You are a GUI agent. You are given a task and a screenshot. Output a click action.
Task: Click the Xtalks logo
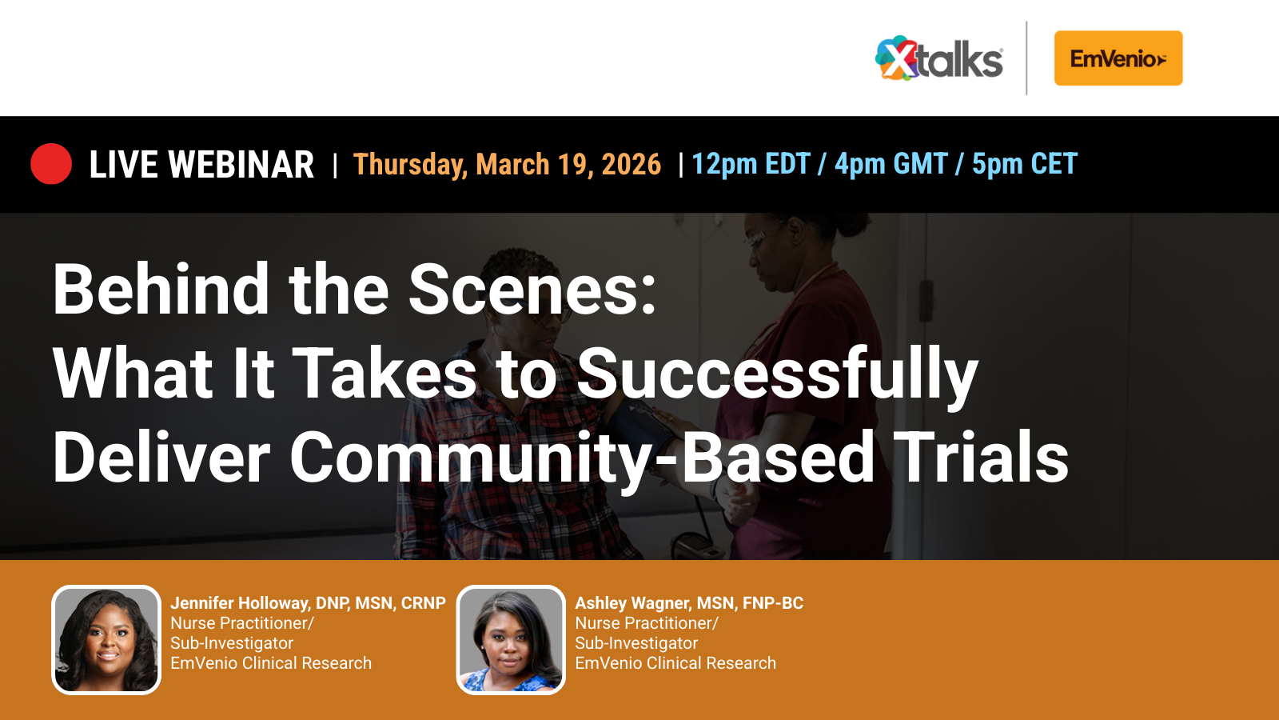click(x=938, y=58)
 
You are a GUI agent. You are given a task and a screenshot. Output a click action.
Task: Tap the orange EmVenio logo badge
click(x=1118, y=58)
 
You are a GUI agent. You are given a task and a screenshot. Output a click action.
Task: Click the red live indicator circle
click(x=51, y=164)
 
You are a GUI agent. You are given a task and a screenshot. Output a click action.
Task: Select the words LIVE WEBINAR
click(x=201, y=165)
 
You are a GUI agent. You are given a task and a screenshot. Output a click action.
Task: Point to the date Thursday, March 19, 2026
click(x=507, y=165)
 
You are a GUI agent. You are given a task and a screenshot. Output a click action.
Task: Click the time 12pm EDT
click(x=751, y=164)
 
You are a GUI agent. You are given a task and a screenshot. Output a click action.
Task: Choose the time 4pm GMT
click(x=891, y=164)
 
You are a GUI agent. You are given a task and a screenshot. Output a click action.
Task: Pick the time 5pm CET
click(x=1024, y=164)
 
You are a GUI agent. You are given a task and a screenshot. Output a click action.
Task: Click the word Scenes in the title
click(x=532, y=290)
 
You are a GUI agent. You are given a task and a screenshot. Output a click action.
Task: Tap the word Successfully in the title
click(x=776, y=374)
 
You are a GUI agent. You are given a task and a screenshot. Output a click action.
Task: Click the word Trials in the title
click(x=981, y=458)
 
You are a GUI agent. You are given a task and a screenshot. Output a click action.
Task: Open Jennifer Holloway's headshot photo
click(x=106, y=640)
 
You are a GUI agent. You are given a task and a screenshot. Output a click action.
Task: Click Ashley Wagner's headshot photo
click(x=511, y=640)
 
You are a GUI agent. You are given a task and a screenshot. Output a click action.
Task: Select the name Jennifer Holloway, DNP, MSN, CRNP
click(x=308, y=603)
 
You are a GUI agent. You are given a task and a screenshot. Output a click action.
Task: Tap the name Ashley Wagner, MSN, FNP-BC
click(x=689, y=603)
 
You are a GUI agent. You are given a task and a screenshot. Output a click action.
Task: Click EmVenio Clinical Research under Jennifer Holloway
click(x=271, y=663)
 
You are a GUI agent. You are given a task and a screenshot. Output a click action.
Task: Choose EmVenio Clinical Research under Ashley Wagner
click(x=675, y=663)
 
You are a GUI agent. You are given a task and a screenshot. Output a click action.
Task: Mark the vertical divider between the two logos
click(x=1026, y=58)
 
